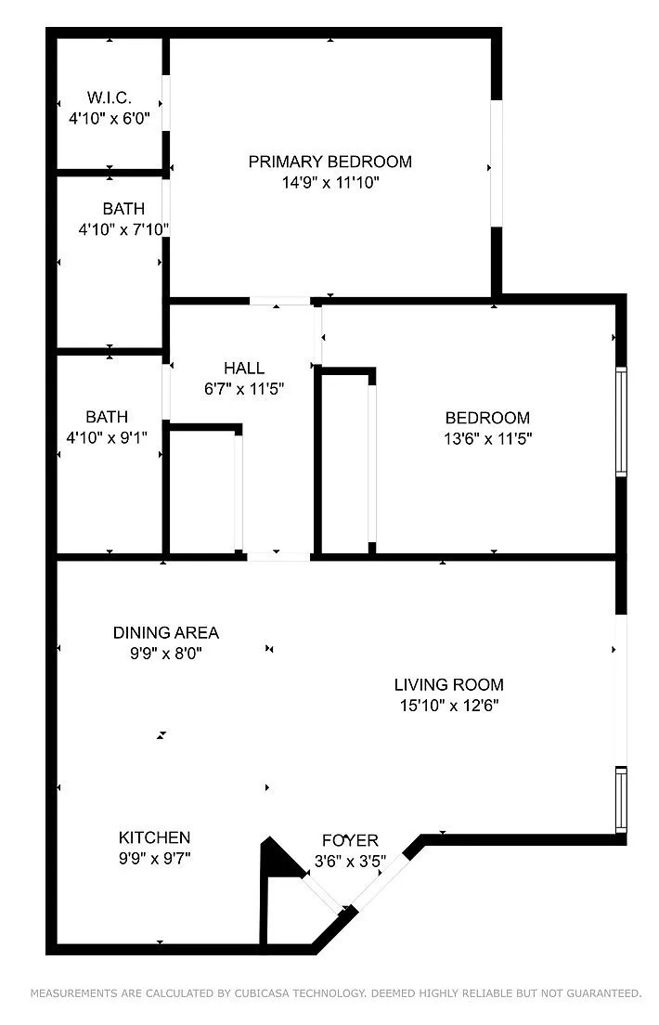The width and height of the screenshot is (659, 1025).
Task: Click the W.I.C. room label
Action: pyautogui.click(x=110, y=97)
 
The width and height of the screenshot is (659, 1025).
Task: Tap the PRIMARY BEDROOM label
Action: pyautogui.click(x=329, y=162)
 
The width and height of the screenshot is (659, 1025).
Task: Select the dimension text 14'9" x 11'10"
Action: pyautogui.click(x=330, y=183)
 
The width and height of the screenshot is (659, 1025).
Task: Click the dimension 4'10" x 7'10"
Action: pyautogui.click(x=123, y=228)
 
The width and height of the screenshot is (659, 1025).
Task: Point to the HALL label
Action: pyautogui.click(x=244, y=368)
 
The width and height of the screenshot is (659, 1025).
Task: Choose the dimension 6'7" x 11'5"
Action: pyautogui.click(x=243, y=389)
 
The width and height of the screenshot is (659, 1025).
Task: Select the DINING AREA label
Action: pyautogui.click(x=166, y=632)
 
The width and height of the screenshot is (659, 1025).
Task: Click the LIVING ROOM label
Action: pyautogui.click(x=449, y=685)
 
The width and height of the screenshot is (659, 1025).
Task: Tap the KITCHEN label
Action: pyautogui.click(x=155, y=837)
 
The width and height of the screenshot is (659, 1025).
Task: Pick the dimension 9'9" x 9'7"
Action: pyautogui.click(x=155, y=859)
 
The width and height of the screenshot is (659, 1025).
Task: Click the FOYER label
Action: pyautogui.click(x=350, y=841)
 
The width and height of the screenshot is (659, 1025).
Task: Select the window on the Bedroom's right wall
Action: pyautogui.click(x=621, y=422)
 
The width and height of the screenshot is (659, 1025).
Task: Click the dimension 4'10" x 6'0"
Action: pyautogui.click(x=110, y=119)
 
